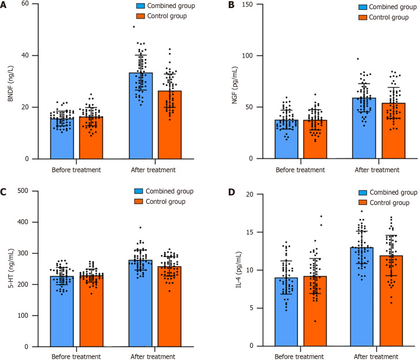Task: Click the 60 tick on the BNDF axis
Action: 27,5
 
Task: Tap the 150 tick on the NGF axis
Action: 237,5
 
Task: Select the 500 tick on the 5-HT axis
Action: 25,191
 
